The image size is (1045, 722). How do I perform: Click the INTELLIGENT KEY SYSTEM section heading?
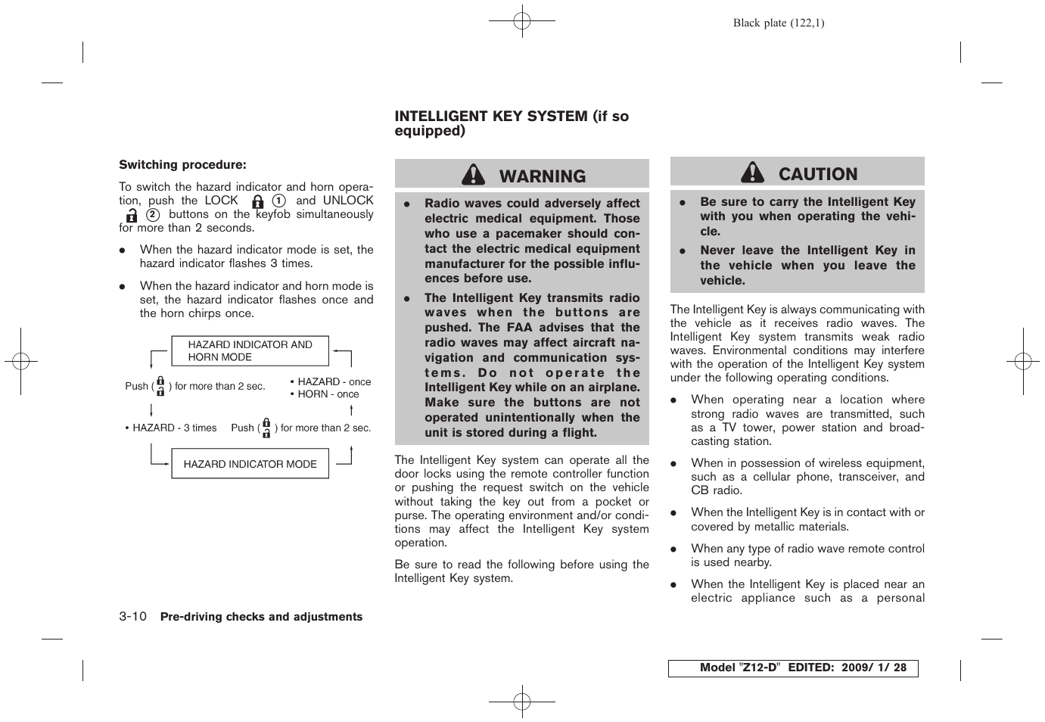click(x=512, y=123)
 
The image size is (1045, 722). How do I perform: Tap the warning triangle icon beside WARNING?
click(x=473, y=176)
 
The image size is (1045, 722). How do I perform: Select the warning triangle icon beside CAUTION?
click(x=752, y=173)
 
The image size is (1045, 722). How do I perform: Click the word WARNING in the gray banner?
click(x=543, y=176)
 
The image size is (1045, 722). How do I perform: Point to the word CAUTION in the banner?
click(x=818, y=174)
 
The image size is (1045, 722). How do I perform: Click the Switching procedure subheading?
click(x=182, y=165)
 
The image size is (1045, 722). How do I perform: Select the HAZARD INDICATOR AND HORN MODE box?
click(x=250, y=350)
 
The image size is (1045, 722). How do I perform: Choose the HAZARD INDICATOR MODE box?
click(x=250, y=464)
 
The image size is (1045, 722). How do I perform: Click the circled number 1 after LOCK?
click(x=279, y=201)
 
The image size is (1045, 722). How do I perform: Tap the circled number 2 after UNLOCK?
click(x=153, y=215)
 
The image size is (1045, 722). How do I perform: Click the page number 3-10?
click(x=132, y=617)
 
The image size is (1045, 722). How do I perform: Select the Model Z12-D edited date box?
click(x=792, y=668)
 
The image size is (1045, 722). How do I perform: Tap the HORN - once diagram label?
click(x=328, y=394)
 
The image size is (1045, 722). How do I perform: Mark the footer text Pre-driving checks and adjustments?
click(x=261, y=617)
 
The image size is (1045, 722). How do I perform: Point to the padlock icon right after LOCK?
click(x=258, y=201)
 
